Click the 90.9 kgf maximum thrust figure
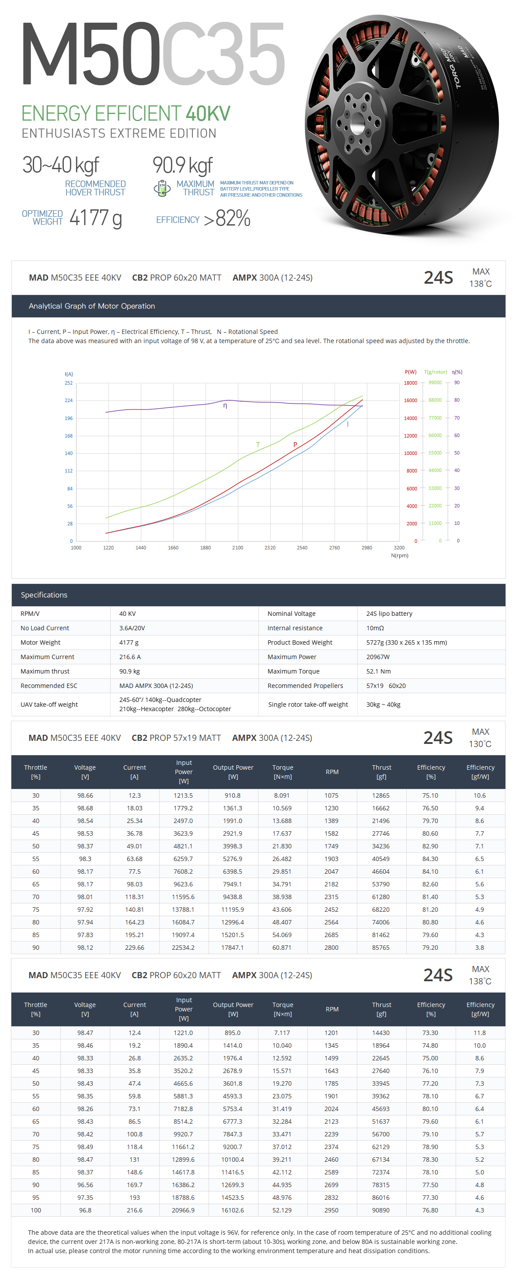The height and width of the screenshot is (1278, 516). click(x=183, y=165)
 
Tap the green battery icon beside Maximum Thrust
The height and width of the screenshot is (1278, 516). click(x=162, y=188)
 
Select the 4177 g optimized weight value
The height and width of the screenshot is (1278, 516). click(x=95, y=218)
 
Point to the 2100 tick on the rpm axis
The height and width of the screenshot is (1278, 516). click(x=237, y=548)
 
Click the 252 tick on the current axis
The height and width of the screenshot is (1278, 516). click(x=69, y=383)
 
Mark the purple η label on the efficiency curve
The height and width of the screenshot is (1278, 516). click(x=225, y=406)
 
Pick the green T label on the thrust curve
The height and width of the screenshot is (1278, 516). click(x=258, y=445)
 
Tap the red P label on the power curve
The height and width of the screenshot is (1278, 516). click(x=295, y=445)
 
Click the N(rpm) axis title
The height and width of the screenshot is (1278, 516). click(x=399, y=556)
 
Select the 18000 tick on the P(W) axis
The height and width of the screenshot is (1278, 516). click(x=410, y=383)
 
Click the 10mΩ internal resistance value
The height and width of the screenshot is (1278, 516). click(x=375, y=628)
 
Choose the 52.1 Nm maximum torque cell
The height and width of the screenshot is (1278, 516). click(x=379, y=671)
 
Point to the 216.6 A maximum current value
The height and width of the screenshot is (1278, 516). click(x=130, y=657)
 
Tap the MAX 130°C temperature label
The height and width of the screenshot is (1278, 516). click(x=480, y=738)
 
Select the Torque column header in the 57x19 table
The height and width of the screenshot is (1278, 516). click(x=283, y=772)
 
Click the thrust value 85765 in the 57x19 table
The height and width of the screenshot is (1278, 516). click(x=381, y=948)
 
